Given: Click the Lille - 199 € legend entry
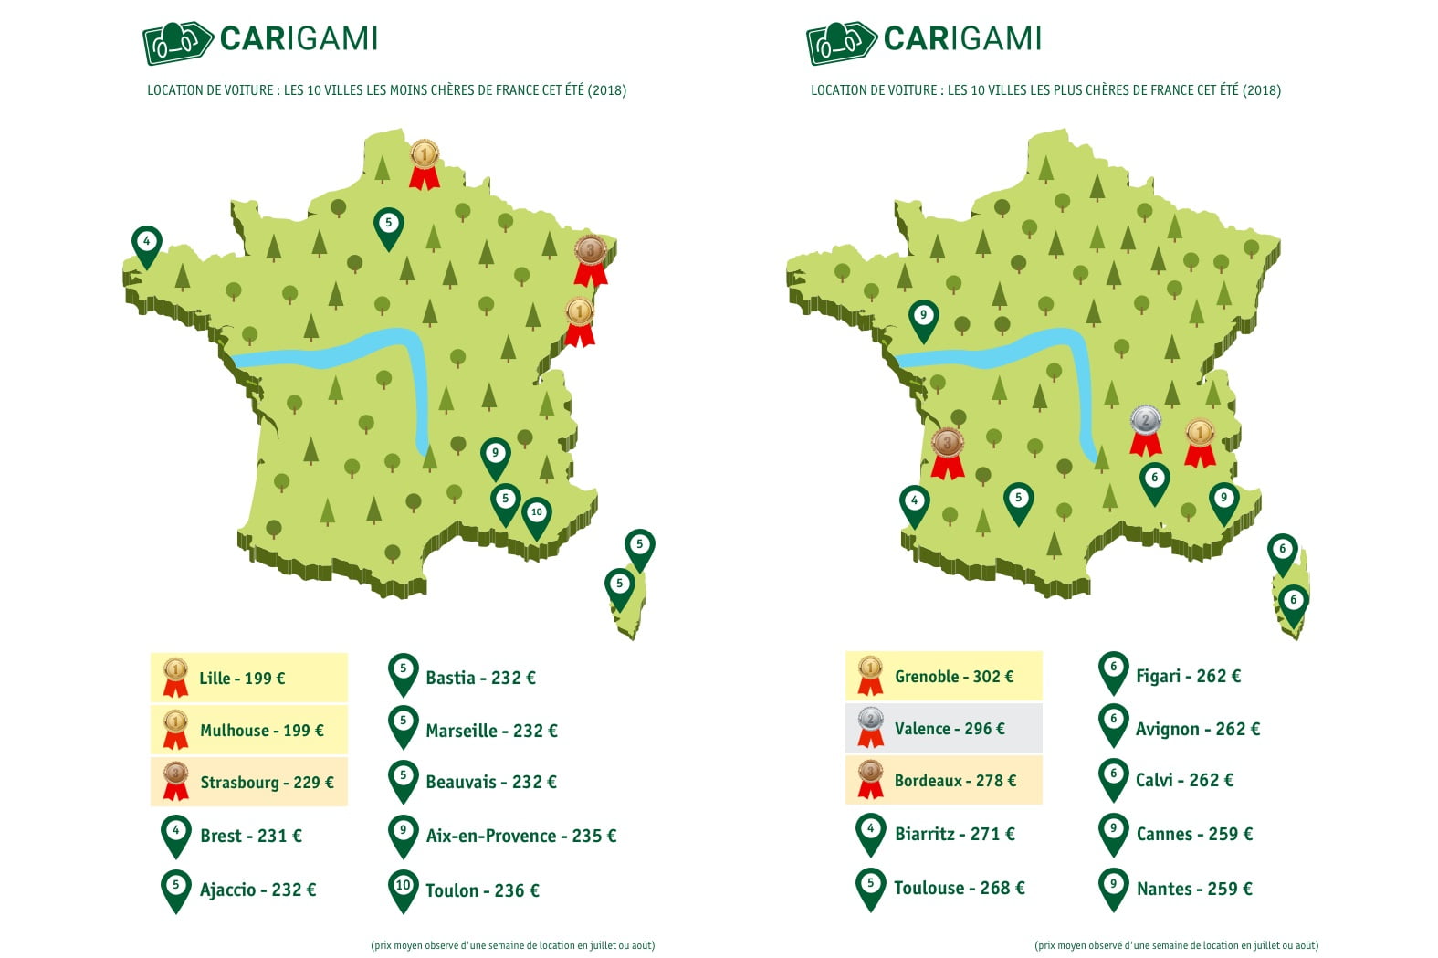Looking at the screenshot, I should tap(243, 679).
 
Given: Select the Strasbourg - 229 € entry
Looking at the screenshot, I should tap(267, 783).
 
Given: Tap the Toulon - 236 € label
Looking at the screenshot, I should tap(482, 890).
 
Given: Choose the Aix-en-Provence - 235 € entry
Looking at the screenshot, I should tap(520, 836).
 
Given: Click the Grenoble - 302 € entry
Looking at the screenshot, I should tap(953, 677).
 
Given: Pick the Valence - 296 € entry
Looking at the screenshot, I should tap(949, 729).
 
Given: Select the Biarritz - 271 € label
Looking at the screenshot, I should tap(954, 834).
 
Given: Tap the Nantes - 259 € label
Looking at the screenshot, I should tap(1193, 889).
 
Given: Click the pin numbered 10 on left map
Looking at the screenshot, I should tap(537, 515).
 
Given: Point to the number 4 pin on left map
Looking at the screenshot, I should tap(147, 244).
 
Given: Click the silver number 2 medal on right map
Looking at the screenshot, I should tap(1146, 427).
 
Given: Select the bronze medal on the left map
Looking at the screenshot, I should tap(591, 257).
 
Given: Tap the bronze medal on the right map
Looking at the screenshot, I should tap(948, 450).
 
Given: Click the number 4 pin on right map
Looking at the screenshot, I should tap(915, 503).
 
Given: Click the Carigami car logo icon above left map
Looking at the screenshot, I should tap(177, 42).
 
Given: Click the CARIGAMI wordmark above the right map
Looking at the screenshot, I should tap(962, 38).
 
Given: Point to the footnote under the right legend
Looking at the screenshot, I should tap(1176, 945).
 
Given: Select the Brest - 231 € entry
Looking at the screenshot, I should tap(250, 836).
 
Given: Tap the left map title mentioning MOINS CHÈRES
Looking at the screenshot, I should tap(386, 90).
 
